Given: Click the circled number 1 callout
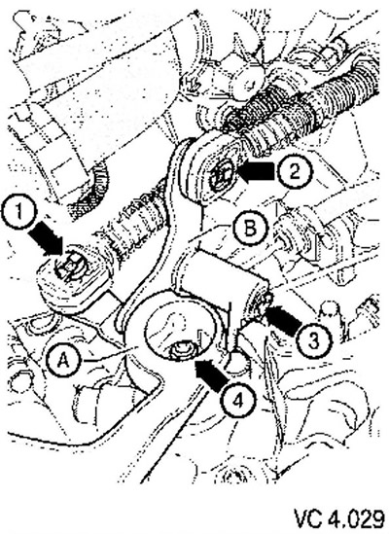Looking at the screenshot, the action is click(x=18, y=212).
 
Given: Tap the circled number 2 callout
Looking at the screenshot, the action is click(x=294, y=171).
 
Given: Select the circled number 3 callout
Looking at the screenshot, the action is click(x=314, y=340).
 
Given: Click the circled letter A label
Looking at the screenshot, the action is click(x=63, y=361).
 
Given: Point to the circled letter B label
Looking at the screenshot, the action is click(x=250, y=229).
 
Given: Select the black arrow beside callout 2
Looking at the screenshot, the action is click(x=256, y=170).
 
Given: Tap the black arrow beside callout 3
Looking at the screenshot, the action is click(x=282, y=319).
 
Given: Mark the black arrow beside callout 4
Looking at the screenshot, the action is click(x=211, y=374).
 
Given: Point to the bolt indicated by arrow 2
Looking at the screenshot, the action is click(x=222, y=175).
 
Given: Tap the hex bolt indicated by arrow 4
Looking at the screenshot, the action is click(x=182, y=351).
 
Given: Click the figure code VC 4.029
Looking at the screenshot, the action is click(x=339, y=518).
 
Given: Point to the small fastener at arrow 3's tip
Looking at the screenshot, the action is click(x=265, y=301).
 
